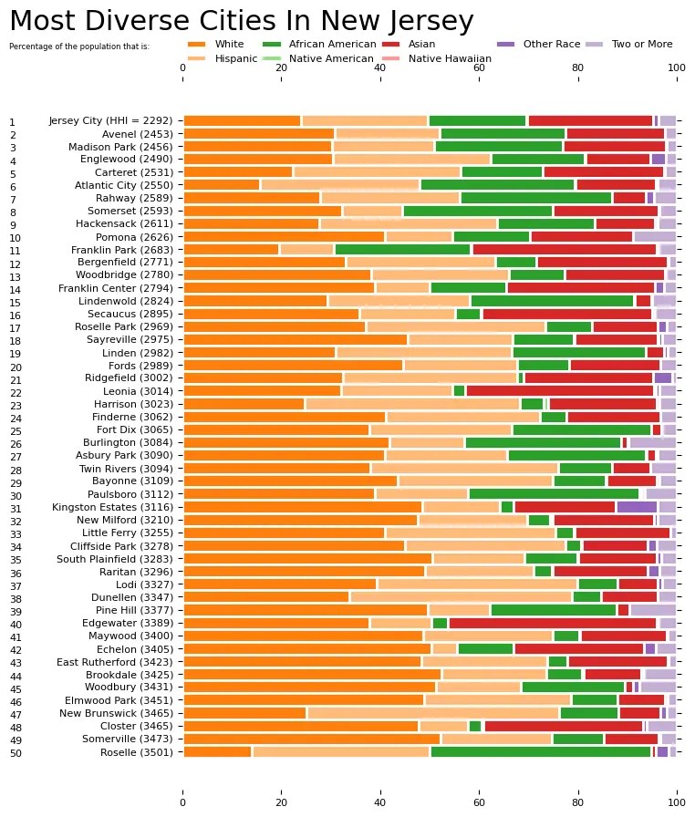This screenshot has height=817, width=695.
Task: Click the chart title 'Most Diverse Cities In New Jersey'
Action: (241, 21)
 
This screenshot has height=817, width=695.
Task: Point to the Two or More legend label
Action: (641, 44)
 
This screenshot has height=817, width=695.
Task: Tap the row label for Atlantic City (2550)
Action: (126, 185)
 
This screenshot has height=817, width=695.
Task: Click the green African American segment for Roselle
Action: (540, 751)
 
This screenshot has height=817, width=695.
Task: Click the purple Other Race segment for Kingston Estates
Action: (637, 507)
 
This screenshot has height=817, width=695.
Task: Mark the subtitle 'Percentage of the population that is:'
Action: (78, 46)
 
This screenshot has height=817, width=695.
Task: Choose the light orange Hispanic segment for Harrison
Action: (411, 404)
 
